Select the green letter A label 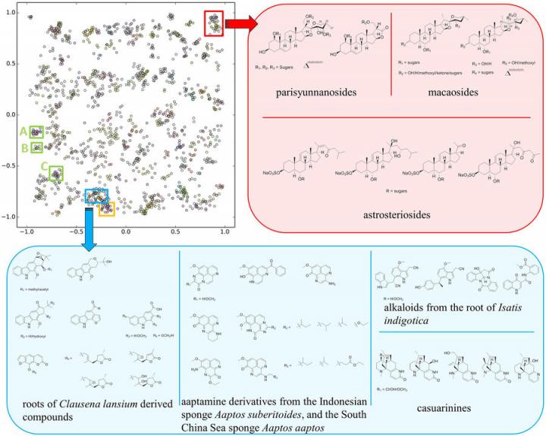click(x=24, y=130)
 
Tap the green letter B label click(x=24, y=147)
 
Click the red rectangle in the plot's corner click(x=214, y=24)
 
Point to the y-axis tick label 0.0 click(x=12, y=114)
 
